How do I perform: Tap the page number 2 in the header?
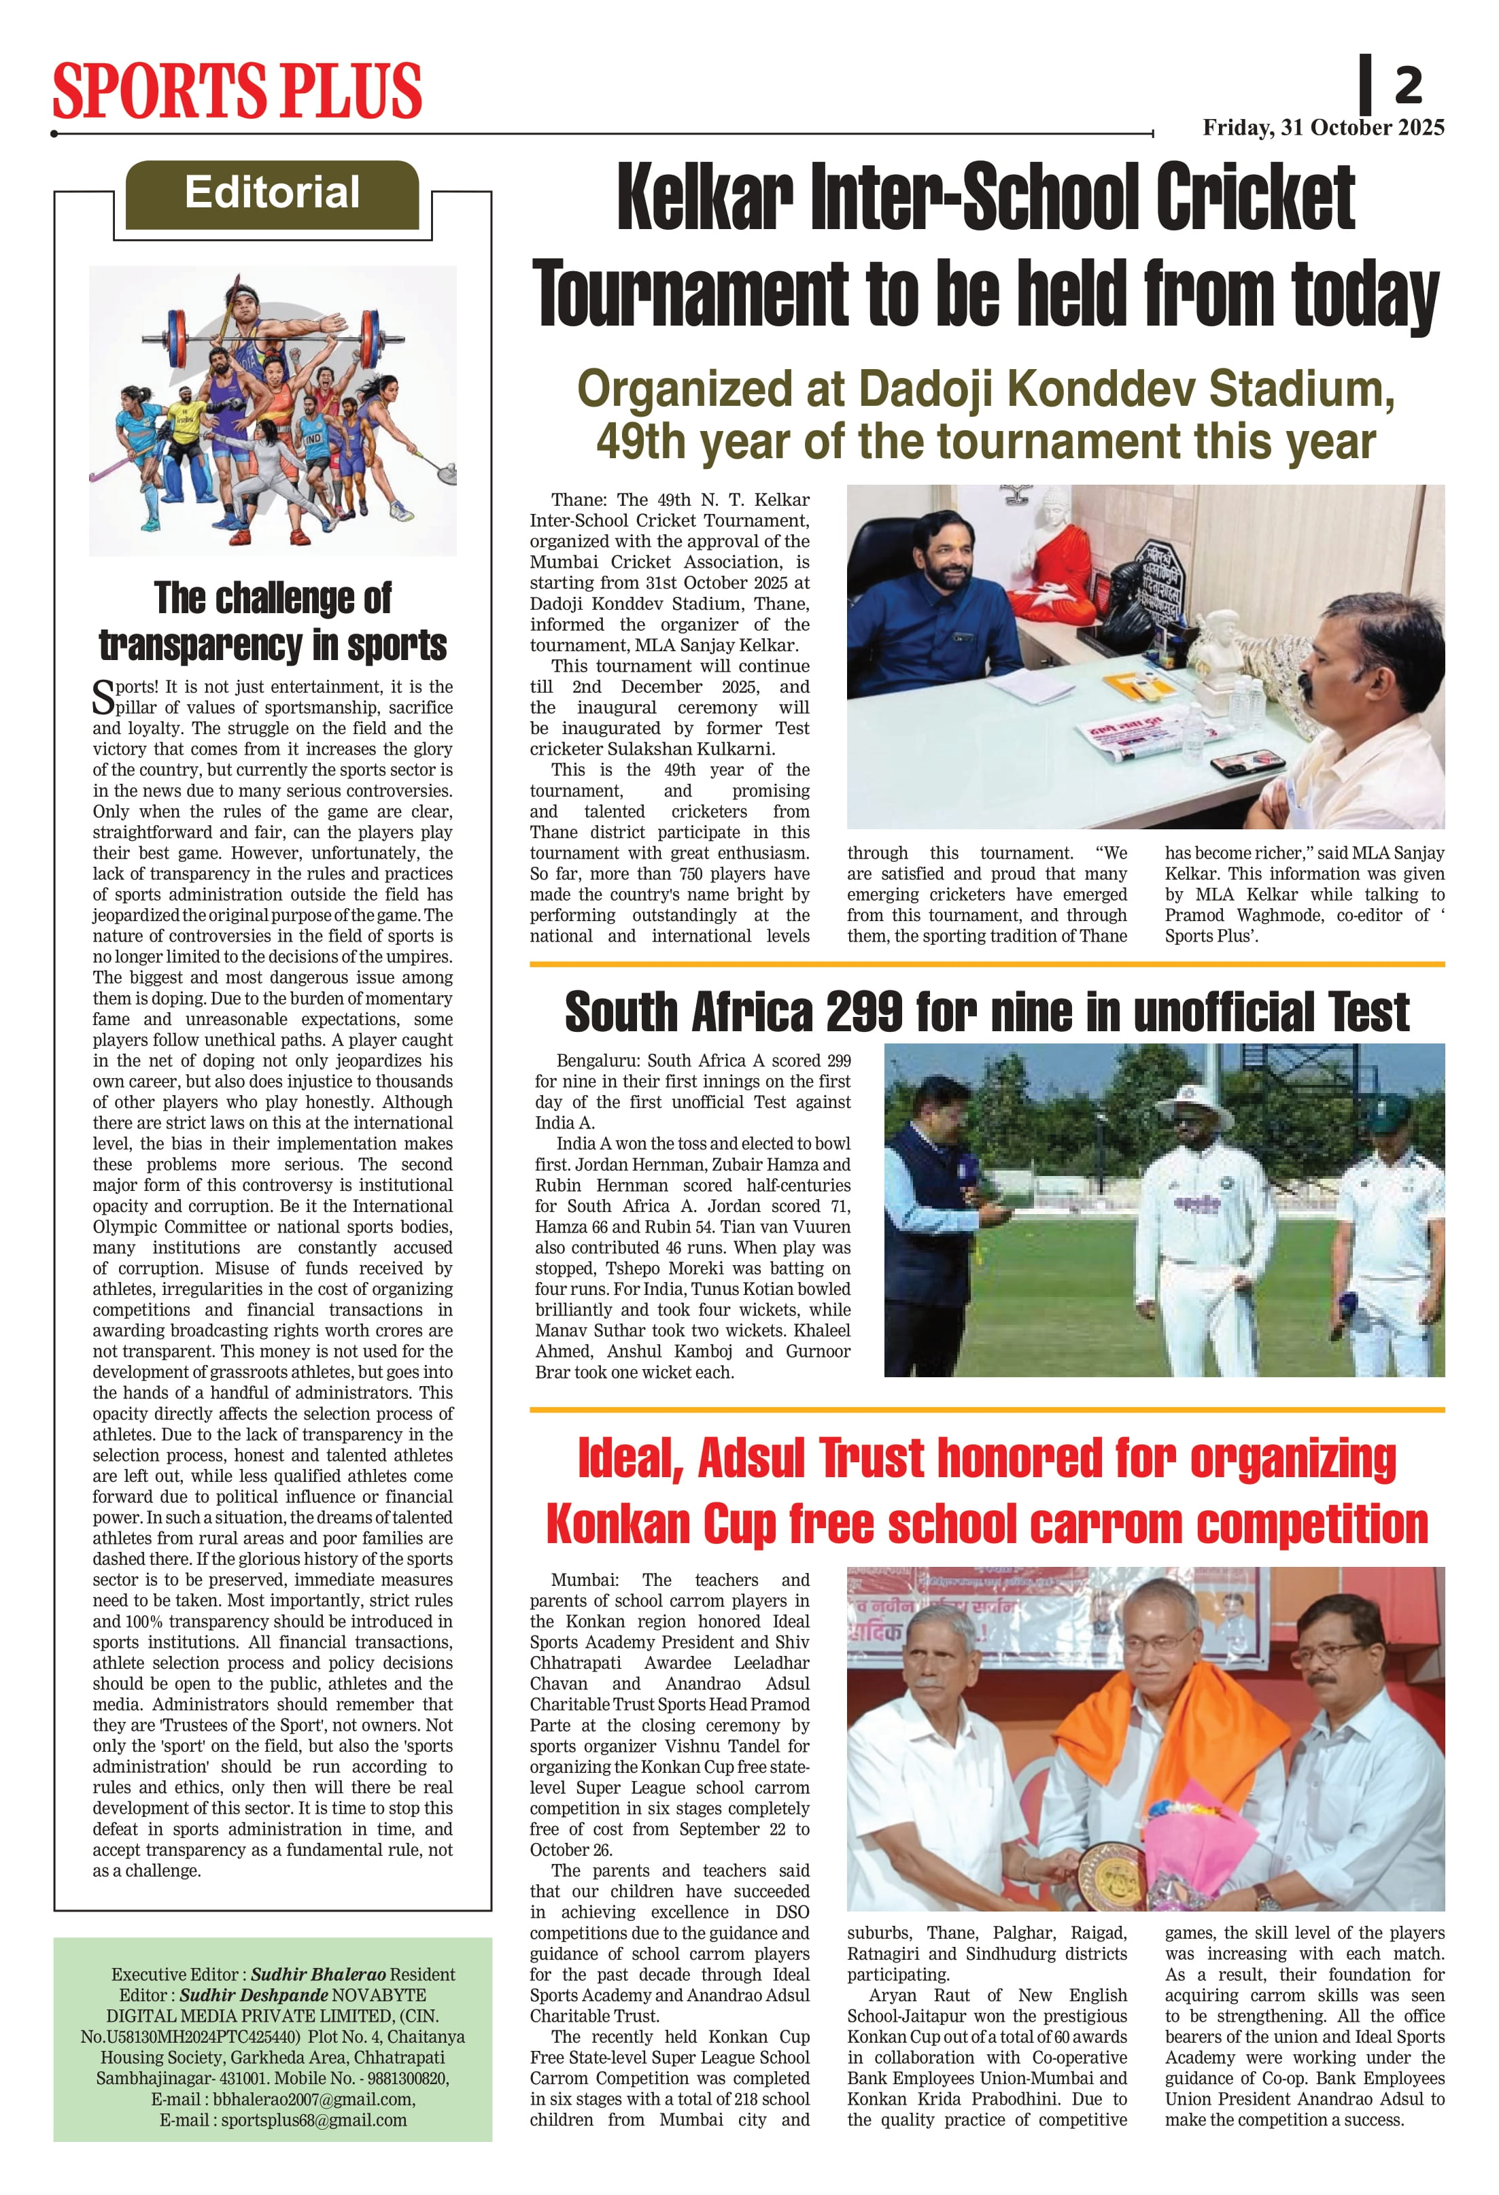click(x=1407, y=86)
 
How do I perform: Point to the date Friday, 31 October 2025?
click(x=1322, y=128)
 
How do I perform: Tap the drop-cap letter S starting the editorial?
click(x=103, y=697)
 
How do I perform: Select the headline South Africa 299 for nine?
click(x=986, y=1012)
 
